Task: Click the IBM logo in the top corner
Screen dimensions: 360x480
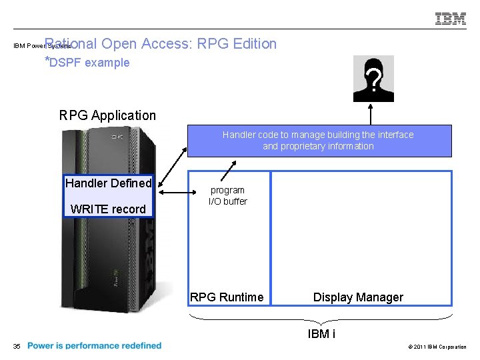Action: [x=451, y=19]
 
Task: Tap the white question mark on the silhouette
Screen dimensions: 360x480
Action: [x=376, y=82]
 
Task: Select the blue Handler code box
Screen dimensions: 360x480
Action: [x=319, y=141]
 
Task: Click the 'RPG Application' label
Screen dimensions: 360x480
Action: [x=107, y=115]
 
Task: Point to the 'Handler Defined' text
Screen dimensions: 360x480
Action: [x=108, y=183]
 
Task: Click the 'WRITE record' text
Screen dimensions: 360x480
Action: [x=108, y=209]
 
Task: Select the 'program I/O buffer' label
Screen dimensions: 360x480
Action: [x=227, y=195]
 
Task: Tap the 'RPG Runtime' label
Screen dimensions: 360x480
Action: [x=227, y=297]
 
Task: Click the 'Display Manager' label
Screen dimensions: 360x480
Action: [x=358, y=297]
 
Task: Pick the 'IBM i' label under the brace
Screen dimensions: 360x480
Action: [x=321, y=334]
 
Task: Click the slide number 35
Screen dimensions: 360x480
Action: [x=17, y=346]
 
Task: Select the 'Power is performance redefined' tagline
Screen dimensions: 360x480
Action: [x=95, y=345]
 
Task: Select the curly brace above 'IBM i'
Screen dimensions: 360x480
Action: [x=321, y=317]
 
